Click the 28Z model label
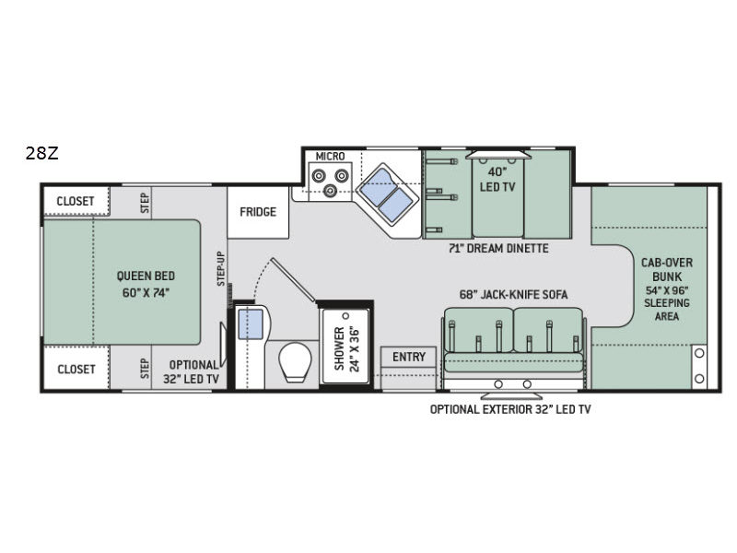41,153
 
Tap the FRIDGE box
258,212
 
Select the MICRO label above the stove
330,156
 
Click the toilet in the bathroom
295,361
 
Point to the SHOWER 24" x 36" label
346,349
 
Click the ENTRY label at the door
408,357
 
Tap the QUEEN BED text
146,276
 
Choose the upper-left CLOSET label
76,201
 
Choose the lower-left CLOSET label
76,370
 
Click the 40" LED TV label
497,179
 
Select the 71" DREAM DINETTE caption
498,248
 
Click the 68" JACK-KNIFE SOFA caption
513,294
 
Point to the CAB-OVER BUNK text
667,269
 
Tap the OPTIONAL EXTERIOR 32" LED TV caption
510,409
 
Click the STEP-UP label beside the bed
220,268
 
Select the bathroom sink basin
251,324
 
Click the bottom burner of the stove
331,191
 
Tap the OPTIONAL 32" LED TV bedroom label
192,372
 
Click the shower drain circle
346,315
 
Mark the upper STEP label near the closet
145,203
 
